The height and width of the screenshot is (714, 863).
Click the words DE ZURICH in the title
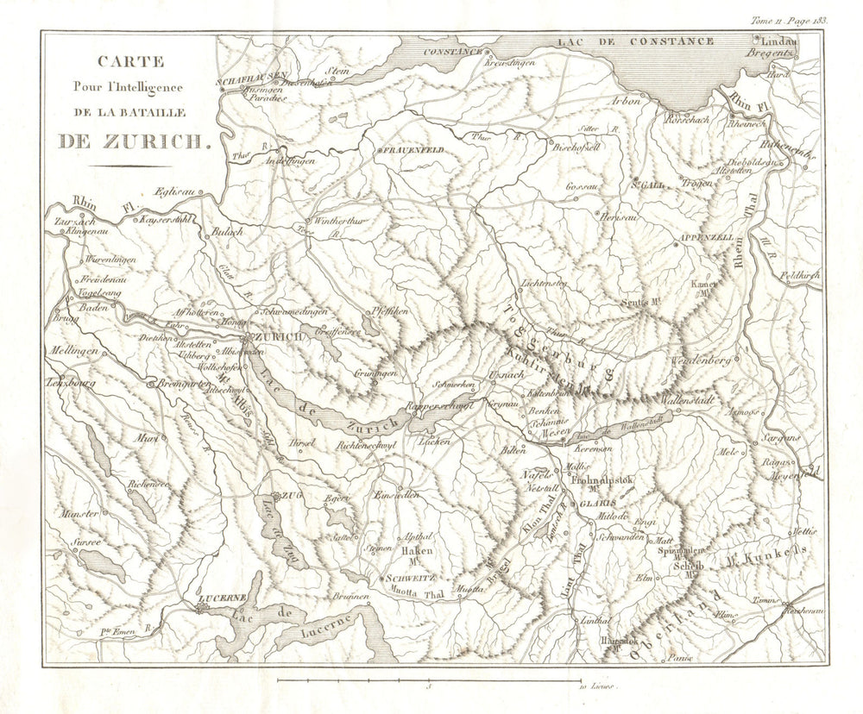click(x=134, y=141)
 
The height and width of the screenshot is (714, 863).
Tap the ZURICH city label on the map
click(x=278, y=337)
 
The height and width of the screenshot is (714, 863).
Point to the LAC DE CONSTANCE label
click(x=635, y=41)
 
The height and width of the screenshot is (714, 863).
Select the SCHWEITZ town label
click(x=410, y=578)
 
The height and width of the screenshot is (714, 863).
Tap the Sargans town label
click(x=781, y=437)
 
